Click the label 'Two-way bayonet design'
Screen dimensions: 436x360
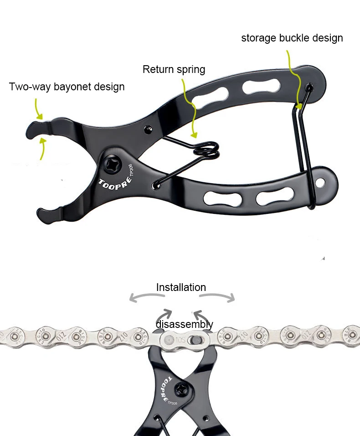pos(67,87)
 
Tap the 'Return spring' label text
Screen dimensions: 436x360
pos(174,69)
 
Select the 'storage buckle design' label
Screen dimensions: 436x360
pos(292,38)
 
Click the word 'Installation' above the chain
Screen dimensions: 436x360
pos(181,287)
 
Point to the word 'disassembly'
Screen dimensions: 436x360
pos(184,324)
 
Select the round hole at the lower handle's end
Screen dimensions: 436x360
pos(321,182)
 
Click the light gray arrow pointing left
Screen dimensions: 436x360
pos(146,297)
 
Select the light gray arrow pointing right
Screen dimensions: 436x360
pos(217,297)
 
